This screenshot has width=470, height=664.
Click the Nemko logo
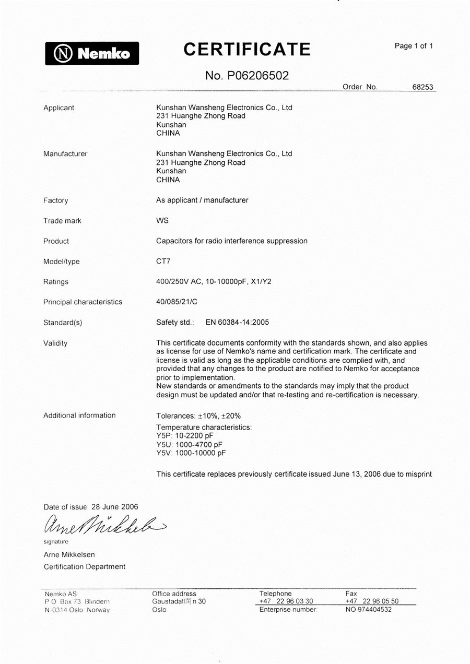point(91,53)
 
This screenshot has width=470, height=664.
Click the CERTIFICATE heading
point(247,50)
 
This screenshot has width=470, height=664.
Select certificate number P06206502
point(247,76)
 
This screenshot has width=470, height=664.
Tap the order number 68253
point(423,87)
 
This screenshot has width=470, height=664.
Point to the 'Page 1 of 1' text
point(414,46)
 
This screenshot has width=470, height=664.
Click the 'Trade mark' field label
point(62,221)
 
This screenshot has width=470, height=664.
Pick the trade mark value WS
point(162,221)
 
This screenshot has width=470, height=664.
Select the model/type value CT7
point(163,262)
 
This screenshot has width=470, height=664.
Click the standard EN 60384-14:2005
point(237,323)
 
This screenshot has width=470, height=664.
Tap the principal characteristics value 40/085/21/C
point(177,302)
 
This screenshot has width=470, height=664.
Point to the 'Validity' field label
point(55,343)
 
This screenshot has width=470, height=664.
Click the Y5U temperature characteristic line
point(189,444)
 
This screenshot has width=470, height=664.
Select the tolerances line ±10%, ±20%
point(198,416)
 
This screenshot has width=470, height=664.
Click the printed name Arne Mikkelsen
point(69,554)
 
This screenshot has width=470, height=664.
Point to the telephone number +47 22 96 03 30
point(286,601)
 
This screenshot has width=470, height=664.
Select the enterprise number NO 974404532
point(368,609)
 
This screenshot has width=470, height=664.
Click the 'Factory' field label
point(55,200)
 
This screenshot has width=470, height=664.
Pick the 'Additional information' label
point(79,416)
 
